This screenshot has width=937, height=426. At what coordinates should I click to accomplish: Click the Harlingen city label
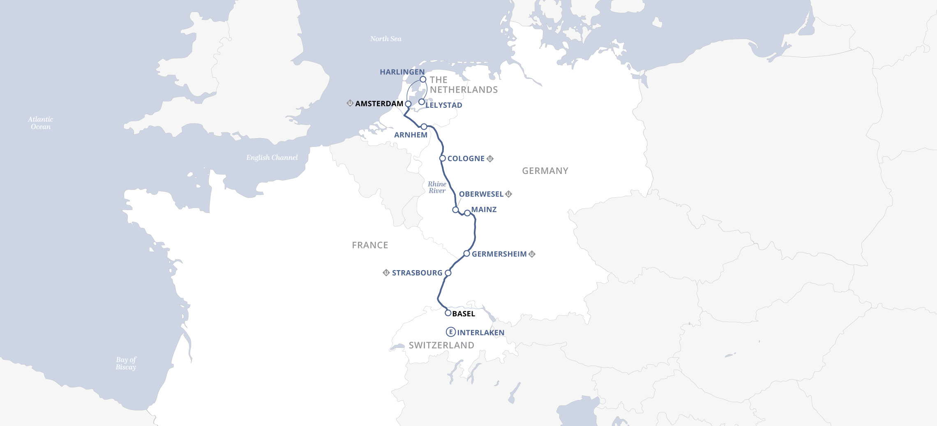402,72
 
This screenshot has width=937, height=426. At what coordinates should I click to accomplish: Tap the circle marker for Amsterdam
408,104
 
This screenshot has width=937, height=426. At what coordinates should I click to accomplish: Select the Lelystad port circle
422,102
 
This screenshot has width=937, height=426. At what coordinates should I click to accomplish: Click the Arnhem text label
411,135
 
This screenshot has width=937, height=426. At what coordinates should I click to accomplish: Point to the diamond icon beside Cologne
490,158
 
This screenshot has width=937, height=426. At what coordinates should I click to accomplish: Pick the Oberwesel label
481,194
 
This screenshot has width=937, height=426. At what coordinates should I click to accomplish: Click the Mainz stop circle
467,213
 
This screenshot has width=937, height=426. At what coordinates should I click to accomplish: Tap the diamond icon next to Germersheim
532,254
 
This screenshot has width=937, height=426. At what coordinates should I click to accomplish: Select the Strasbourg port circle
448,273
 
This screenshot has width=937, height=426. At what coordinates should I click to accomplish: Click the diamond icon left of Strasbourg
386,273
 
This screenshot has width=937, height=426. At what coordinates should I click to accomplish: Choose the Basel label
464,314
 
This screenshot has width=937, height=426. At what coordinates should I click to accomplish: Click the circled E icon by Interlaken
451,332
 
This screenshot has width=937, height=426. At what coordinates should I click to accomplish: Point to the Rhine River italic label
437,188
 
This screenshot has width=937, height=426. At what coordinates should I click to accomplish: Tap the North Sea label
385,39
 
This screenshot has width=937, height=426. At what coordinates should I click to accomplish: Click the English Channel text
272,157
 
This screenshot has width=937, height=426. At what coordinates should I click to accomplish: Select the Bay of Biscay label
126,363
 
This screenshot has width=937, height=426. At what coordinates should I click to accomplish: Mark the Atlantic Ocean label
40,123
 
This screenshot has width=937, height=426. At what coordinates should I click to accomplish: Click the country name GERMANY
545,171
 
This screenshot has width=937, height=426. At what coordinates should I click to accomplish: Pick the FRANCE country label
370,245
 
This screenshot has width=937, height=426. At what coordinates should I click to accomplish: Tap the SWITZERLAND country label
441,345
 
